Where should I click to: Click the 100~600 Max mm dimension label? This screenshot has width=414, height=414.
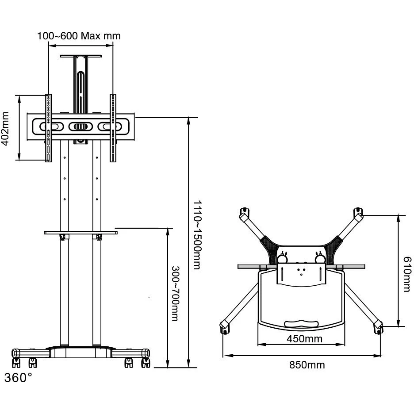point(79,36)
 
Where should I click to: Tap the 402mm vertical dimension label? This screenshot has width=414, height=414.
point(6,128)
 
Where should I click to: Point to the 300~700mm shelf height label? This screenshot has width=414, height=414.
point(175,293)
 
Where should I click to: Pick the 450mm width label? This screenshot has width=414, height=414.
point(301,339)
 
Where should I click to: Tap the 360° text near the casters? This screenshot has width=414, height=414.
point(18,378)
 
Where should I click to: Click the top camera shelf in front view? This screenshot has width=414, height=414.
point(81,57)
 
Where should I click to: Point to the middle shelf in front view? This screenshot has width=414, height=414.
point(80,232)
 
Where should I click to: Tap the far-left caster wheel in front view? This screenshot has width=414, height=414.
point(16,363)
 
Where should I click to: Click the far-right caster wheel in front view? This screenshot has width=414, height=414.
point(145,363)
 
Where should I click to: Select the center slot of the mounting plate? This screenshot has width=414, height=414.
point(80,126)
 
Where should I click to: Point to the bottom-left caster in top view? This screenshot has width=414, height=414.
point(224,328)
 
